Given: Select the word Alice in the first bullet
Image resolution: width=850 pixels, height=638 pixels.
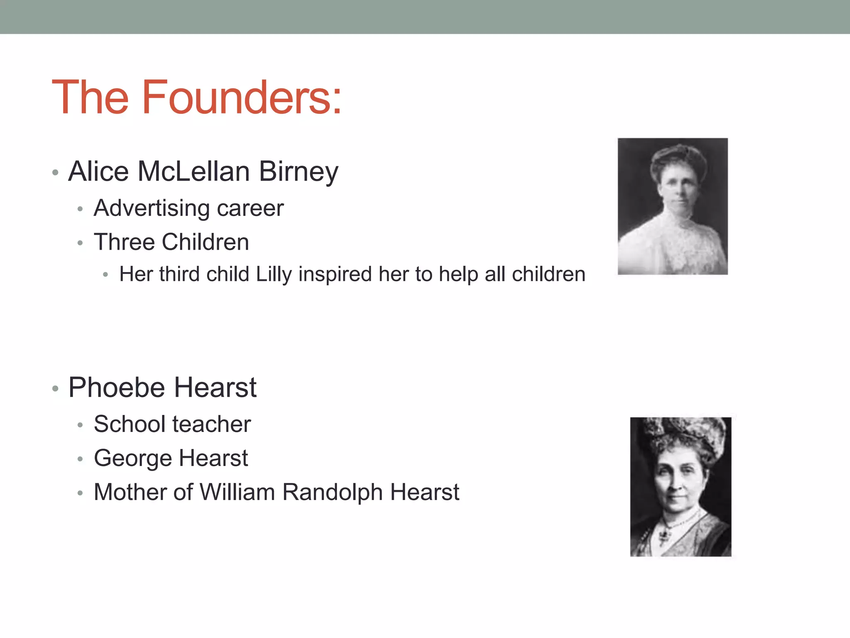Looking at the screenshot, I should [x=98, y=172].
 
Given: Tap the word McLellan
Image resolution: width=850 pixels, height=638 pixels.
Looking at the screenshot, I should [x=193, y=172].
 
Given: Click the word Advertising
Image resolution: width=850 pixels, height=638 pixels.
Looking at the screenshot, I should [x=150, y=208].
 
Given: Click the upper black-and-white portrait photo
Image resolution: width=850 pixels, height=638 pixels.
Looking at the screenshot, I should [x=672, y=206].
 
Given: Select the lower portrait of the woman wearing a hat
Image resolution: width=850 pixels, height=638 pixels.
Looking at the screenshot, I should [x=681, y=487].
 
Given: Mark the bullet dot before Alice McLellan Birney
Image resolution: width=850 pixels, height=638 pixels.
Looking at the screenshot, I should [x=55, y=172].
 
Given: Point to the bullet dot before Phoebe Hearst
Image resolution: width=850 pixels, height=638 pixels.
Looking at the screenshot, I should [x=55, y=389].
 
